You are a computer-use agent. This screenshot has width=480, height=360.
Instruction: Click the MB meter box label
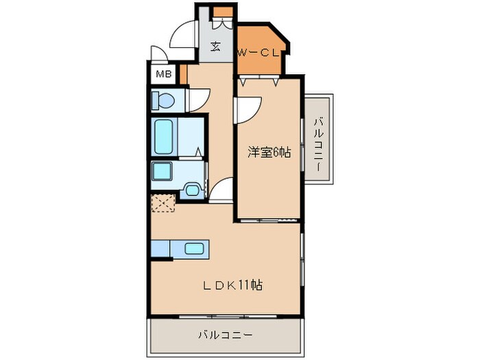pyautogui.click(x=164, y=74)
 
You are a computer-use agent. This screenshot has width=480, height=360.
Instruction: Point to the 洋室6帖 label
pyautogui.click(x=269, y=152)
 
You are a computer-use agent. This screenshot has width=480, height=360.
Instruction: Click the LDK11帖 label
pyautogui.click(x=232, y=285)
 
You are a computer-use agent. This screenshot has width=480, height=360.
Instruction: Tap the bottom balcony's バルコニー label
pyautogui.click(x=226, y=335)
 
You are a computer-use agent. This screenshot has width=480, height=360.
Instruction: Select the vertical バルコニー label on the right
pyautogui.click(x=318, y=145)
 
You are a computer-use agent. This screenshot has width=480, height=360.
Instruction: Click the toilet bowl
pyautogui.click(x=163, y=100)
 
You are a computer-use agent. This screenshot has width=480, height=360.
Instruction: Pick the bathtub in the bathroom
pyautogui.click(x=163, y=136)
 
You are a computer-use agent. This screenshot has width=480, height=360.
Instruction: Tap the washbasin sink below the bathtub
pyautogui.click(x=162, y=172)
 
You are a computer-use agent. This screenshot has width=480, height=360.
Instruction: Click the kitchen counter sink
pyautogui.click(x=194, y=248)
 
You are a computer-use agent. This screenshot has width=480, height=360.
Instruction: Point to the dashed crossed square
pyautogui.click(x=163, y=203)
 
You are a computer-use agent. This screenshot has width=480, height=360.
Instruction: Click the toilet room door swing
pyautogui.click(x=199, y=100)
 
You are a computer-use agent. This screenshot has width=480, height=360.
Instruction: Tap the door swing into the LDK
pyautogui.click(x=221, y=190)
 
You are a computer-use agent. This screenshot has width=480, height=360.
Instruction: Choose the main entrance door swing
pyautogui.click(x=182, y=34)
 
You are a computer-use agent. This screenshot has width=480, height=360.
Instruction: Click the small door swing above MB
pyautogui.click(x=159, y=53)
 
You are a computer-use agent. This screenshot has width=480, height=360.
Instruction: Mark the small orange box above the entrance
pyautogui.click(x=223, y=12)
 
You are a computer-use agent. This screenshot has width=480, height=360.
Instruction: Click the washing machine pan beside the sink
pyautogui.click(x=193, y=191)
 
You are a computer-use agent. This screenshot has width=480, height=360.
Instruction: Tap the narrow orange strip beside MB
pyautogui.click(x=183, y=74)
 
